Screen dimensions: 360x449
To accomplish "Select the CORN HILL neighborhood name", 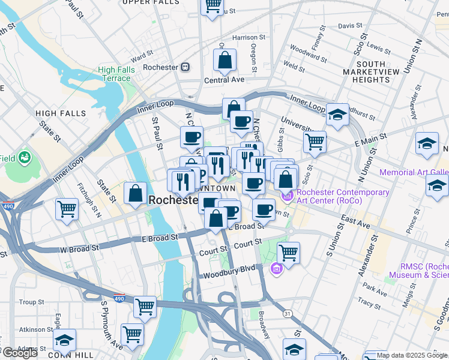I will pos(71,355).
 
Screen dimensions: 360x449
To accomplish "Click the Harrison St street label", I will pos(245,37).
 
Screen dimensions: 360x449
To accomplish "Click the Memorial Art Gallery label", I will pos(414,172).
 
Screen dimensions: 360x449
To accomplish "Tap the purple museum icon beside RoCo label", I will pos(288,195).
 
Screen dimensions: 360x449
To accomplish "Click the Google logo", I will pos(19,353).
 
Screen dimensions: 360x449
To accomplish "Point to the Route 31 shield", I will pos(288,313).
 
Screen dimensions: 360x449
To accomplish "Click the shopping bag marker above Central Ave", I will pos(224,61).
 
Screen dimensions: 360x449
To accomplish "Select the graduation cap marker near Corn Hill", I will pos(64,340).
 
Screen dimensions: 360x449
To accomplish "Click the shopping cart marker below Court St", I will pos(288,253).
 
